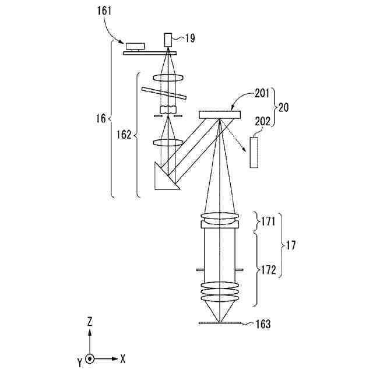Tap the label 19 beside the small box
(x=190, y=39)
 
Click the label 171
(x=267, y=222)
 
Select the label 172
(x=267, y=270)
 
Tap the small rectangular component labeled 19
(x=168, y=40)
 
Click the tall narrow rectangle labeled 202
(x=253, y=152)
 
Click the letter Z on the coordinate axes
(x=89, y=321)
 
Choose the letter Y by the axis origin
(x=79, y=363)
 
